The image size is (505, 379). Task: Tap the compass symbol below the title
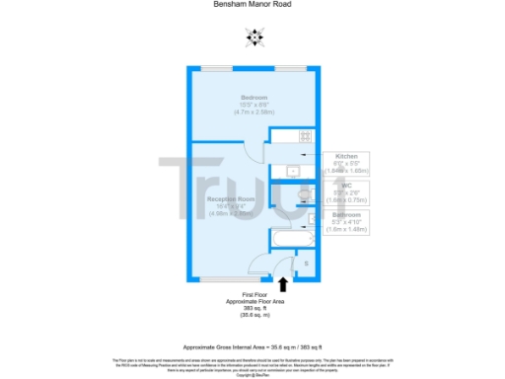[255, 38]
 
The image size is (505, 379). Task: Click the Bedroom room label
[254, 97]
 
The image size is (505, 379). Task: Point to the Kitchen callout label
[346, 156]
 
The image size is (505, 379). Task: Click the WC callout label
[346, 185]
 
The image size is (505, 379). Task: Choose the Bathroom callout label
[346, 214]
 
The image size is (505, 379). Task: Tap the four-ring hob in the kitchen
[306, 136]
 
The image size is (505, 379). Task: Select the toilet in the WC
[303, 192]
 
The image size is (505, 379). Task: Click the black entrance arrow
[284, 284]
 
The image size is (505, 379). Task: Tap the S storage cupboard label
[306, 264]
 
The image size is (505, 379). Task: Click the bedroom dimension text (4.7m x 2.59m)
[254, 112]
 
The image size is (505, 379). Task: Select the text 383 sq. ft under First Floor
[255, 307]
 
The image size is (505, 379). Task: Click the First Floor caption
[255, 294]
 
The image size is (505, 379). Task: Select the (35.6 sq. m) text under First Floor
[255, 315]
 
